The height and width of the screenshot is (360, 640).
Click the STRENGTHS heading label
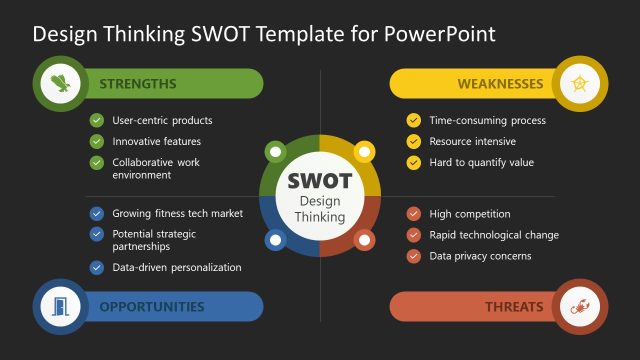point(138,84)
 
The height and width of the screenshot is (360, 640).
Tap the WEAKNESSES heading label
point(500,84)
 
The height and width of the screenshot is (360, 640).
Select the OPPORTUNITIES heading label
point(151,307)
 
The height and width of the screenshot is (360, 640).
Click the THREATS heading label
point(514,307)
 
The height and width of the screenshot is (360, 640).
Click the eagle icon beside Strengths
point(62,84)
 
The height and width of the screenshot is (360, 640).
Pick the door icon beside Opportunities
point(62,306)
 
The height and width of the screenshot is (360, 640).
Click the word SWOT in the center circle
point(319,181)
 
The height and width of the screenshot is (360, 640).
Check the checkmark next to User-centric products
point(97,120)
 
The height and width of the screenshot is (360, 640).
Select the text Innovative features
point(156,141)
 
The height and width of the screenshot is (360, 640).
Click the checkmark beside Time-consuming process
point(413,120)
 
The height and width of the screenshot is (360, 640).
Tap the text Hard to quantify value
point(482,162)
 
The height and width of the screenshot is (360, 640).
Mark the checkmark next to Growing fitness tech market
point(97,213)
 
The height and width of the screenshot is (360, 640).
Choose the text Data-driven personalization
point(176,267)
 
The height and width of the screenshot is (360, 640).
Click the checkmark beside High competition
point(413,213)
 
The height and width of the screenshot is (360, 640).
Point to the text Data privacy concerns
point(480,256)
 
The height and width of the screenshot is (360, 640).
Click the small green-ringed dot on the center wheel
point(275,153)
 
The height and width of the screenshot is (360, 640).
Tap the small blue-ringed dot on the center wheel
point(275,240)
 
